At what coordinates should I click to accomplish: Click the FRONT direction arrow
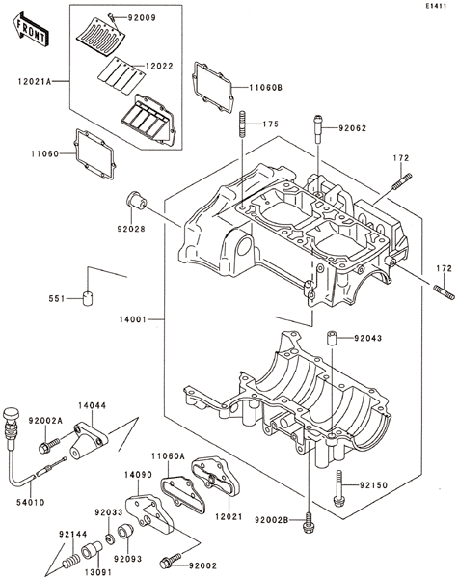[x=30, y=29]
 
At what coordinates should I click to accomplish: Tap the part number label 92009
[x=142, y=17]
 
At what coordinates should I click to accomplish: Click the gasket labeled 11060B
[x=213, y=87]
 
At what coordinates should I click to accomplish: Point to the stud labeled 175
[x=242, y=124]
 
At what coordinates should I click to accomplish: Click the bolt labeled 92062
[x=318, y=128]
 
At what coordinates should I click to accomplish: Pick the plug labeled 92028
[x=137, y=200]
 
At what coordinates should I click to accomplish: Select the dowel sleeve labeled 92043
[x=331, y=338]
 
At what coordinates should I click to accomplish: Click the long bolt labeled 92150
[x=338, y=488]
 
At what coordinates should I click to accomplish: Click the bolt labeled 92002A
[x=49, y=445]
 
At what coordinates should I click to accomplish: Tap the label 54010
[x=31, y=502]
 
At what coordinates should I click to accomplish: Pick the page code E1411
[x=436, y=6]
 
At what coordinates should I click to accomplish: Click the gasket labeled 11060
[x=95, y=154]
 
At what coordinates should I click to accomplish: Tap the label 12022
[x=159, y=66]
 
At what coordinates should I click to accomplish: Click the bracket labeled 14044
[x=89, y=440]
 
